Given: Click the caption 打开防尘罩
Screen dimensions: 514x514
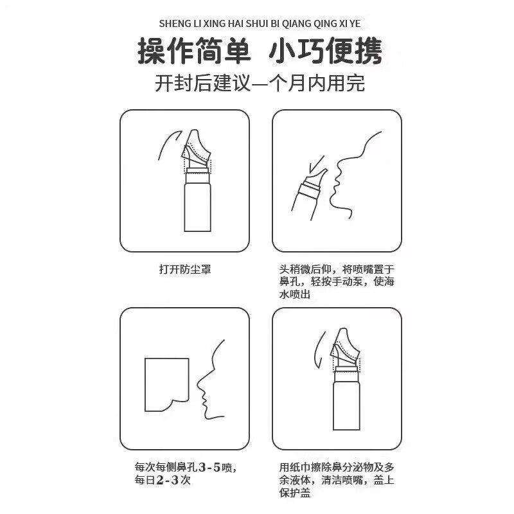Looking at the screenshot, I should [x=184, y=269].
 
